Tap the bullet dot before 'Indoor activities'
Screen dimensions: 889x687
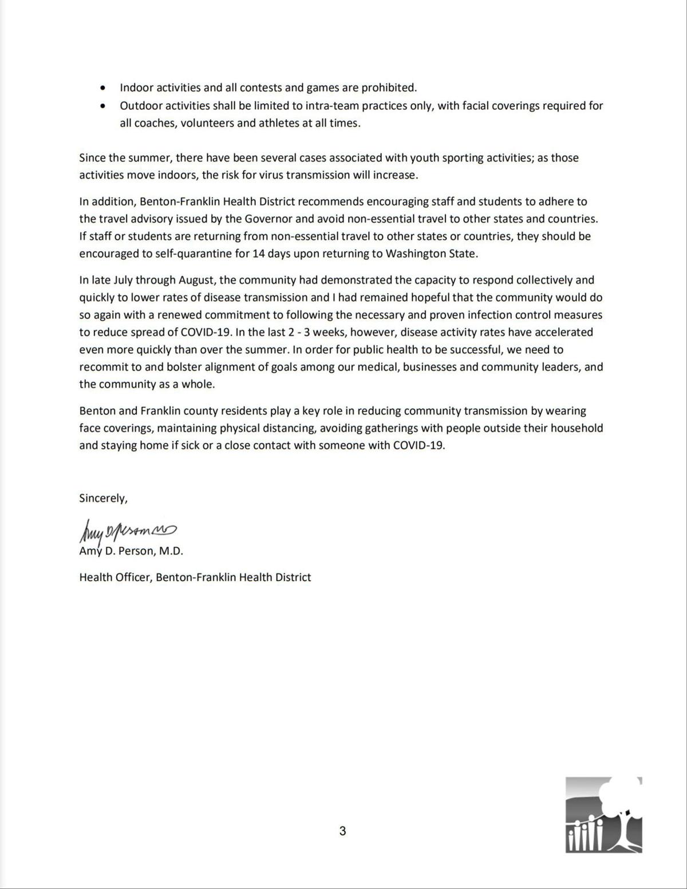coord(102,88)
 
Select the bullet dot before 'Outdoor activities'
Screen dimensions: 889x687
coord(102,106)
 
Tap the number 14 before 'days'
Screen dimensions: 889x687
coord(259,254)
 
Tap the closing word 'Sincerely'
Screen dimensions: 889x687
coord(102,499)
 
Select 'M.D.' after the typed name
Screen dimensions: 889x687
coord(171,551)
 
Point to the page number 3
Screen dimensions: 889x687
coord(342,831)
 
